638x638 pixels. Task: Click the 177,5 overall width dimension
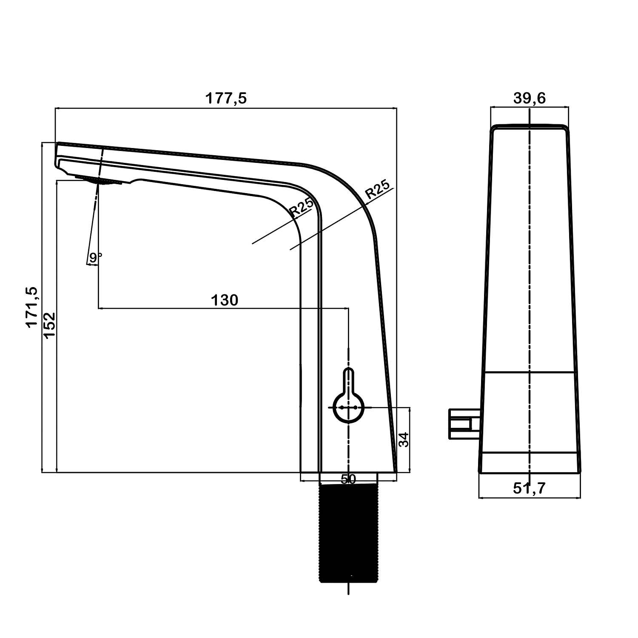tap(226, 99)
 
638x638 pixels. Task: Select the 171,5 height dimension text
tap(32, 307)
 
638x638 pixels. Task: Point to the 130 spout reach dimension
tap(225, 300)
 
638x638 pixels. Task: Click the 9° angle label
tap(96, 257)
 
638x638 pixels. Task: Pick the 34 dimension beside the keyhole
tap(403, 439)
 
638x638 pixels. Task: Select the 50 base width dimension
tap(348, 479)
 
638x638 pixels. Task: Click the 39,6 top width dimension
tap(530, 98)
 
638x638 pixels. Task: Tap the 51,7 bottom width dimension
tap(529, 488)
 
